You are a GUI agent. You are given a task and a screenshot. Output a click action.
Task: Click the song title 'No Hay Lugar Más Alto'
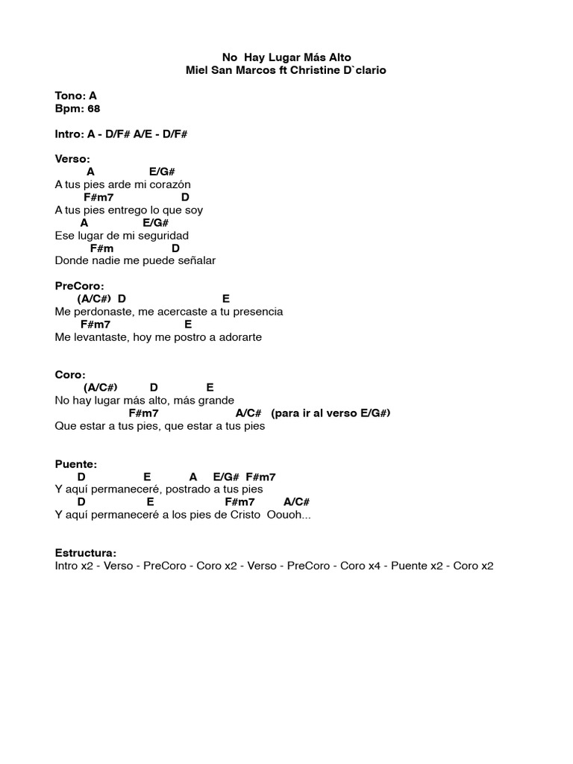(286, 57)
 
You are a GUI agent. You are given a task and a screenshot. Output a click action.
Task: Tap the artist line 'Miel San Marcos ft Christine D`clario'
(286, 69)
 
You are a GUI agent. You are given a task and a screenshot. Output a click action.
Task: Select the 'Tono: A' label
(76, 95)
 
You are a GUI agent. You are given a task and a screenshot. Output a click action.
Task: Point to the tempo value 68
(93, 108)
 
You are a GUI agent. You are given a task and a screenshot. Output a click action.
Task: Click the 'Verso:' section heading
(72, 159)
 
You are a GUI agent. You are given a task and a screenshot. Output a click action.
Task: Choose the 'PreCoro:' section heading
(80, 286)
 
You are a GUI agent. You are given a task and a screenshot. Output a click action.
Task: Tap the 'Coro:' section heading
(70, 375)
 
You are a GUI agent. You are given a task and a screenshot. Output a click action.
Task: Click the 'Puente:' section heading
(76, 464)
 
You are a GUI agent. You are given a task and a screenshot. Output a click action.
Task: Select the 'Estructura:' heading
(86, 553)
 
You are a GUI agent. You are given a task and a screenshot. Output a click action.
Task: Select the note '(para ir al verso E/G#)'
(331, 413)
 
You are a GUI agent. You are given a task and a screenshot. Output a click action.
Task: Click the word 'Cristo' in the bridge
(245, 515)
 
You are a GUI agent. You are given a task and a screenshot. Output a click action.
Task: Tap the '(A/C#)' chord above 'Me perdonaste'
(94, 298)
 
